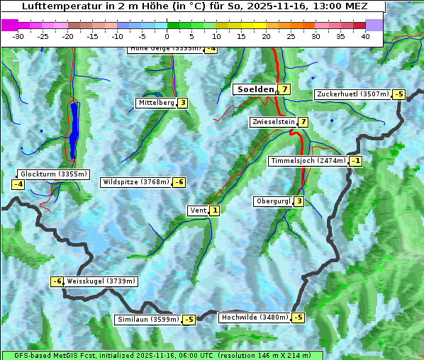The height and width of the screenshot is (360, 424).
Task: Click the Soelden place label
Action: click(x=254, y=89)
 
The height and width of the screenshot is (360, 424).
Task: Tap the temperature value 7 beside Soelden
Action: click(x=284, y=89)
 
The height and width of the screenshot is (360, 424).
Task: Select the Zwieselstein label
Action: click(x=274, y=122)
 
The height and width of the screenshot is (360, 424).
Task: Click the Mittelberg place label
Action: click(x=156, y=103)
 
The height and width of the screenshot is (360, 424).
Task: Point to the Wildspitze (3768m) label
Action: click(x=136, y=182)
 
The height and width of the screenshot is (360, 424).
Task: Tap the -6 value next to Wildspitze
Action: click(x=179, y=182)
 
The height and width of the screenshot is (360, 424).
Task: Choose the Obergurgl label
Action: click(x=273, y=201)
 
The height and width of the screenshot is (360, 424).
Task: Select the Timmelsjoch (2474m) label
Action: click(x=308, y=161)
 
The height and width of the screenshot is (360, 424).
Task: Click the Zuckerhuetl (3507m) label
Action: click(x=353, y=94)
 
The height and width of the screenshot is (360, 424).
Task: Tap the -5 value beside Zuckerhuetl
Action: click(x=399, y=94)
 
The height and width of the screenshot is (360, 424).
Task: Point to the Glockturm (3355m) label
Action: click(x=53, y=174)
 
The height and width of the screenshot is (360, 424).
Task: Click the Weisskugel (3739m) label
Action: click(x=101, y=281)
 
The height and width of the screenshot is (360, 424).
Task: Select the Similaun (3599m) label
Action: click(x=147, y=320)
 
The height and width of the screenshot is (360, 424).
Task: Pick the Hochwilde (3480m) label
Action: click(x=254, y=317)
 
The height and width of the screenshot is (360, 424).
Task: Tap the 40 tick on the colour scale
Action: click(x=365, y=36)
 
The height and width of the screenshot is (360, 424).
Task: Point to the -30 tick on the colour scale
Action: click(x=18, y=36)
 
